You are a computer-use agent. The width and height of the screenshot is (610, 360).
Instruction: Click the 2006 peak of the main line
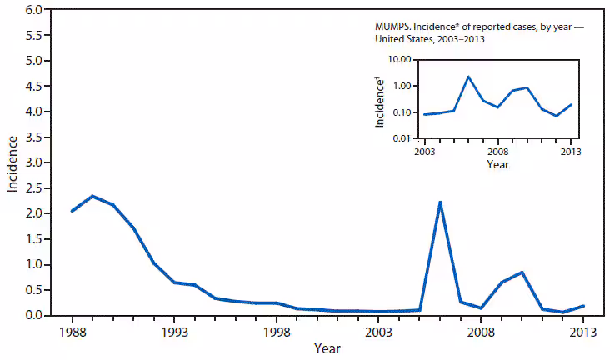[x=439, y=202]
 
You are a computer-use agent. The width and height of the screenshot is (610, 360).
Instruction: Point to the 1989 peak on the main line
[x=92, y=196]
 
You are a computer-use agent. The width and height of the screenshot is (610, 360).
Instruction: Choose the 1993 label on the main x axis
[x=173, y=331]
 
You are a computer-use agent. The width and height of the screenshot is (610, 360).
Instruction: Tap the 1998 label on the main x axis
[x=276, y=331]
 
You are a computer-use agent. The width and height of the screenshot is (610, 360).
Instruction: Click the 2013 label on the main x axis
[x=582, y=331]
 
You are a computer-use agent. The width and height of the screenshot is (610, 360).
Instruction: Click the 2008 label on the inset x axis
[x=498, y=152]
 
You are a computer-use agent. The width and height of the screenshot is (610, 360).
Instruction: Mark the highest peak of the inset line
[x=468, y=77]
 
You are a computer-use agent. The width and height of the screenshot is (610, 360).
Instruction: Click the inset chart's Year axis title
[x=498, y=164]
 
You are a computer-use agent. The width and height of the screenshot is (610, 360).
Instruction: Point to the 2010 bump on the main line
[x=521, y=272]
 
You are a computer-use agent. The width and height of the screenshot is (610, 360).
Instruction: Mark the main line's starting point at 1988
[x=72, y=211]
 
